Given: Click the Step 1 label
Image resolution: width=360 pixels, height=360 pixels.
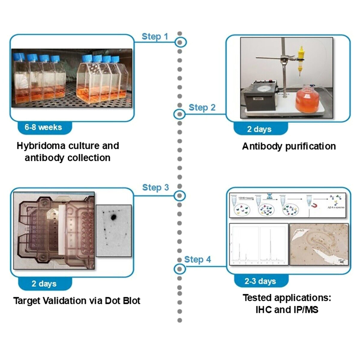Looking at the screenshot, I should (155, 37).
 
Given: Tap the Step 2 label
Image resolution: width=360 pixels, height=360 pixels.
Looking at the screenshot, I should (202, 107).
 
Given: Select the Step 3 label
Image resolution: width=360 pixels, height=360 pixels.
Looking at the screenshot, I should (155, 187).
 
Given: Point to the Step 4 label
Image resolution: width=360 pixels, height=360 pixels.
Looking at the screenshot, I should (198, 260).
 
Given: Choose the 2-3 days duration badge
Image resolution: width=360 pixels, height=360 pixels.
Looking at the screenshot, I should (260, 281).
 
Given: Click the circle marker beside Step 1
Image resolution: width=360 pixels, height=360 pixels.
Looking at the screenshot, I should (180, 42).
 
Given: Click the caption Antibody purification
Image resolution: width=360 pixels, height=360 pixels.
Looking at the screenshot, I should (289, 146).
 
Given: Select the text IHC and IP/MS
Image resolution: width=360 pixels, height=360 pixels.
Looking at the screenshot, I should (287, 309).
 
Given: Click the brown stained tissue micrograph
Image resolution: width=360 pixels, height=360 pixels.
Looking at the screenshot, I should (319, 244).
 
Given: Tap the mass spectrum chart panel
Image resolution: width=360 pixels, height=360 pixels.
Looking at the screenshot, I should (258, 244).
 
